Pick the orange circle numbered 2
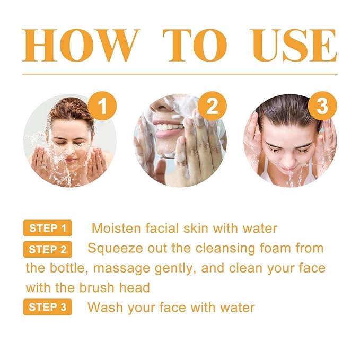[212, 107]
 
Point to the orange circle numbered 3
[322, 107]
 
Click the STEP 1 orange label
[48, 229]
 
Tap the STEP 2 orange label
[48, 249]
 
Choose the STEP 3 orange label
[48, 308]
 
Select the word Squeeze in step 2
[111, 248]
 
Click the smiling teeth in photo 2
[168, 127]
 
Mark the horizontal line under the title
[180, 74]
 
